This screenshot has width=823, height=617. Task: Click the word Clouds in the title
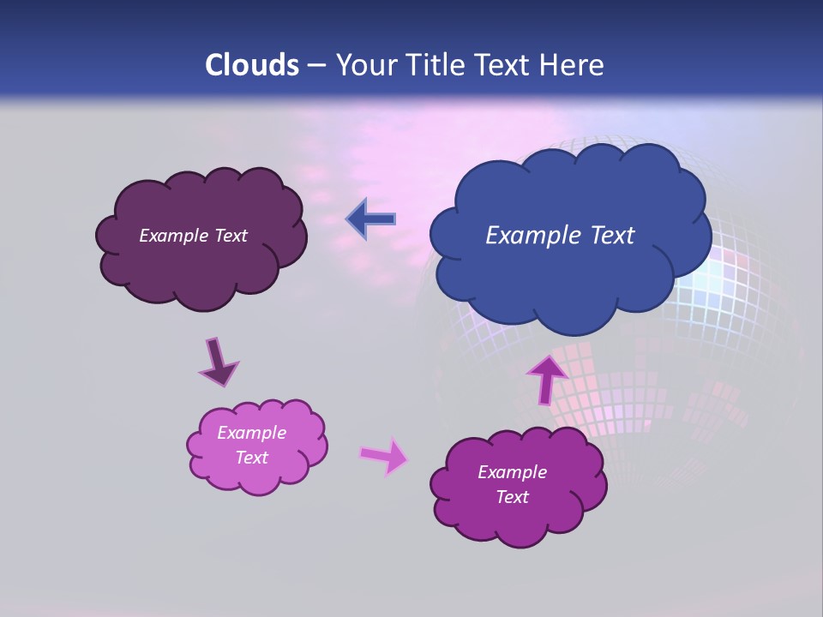pyautogui.click(x=252, y=65)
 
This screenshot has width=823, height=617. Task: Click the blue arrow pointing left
pyautogui.click(x=371, y=219)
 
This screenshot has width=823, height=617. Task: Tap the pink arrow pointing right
pyautogui.click(x=383, y=456)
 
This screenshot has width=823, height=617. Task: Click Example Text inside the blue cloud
pyautogui.click(x=560, y=236)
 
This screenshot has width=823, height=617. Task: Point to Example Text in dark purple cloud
pyautogui.click(x=193, y=236)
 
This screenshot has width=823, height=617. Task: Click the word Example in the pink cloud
pyautogui.click(x=251, y=433)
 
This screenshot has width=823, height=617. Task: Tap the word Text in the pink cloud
pyautogui.click(x=251, y=458)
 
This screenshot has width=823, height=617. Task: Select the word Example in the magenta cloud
pyautogui.click(x=512, y=472)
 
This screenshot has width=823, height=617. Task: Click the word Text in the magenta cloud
pyautogui.click(x=512, y=497)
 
